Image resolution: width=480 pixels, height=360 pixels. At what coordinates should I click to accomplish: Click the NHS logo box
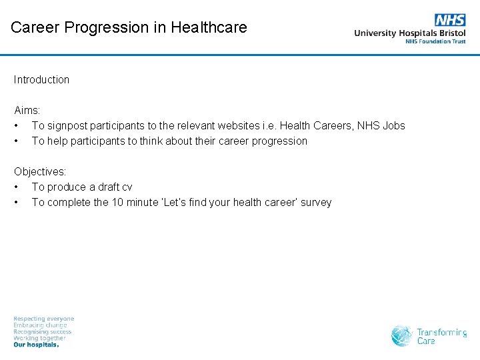[450, 20]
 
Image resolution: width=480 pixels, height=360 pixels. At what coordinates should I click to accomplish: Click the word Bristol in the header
[449, 33]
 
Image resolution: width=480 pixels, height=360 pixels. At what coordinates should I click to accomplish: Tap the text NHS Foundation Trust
[435, 41]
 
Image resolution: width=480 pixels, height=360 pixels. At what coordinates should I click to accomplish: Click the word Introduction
[41, 79]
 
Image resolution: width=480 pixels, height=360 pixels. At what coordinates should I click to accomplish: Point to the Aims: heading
[27, 110]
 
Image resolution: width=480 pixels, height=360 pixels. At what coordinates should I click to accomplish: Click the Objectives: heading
[40, 171]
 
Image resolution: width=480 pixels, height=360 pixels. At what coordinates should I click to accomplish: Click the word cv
[126, 187]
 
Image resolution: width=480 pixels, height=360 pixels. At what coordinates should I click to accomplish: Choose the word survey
[315, 202]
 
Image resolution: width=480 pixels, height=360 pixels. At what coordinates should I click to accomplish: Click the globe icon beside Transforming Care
[402, 335]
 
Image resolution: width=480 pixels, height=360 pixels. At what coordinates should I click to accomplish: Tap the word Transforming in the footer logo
[441, 332]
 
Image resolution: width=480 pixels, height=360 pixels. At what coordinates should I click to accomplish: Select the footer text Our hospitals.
[37, 345]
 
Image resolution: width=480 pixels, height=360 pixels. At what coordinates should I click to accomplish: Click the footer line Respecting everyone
[44, 319]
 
